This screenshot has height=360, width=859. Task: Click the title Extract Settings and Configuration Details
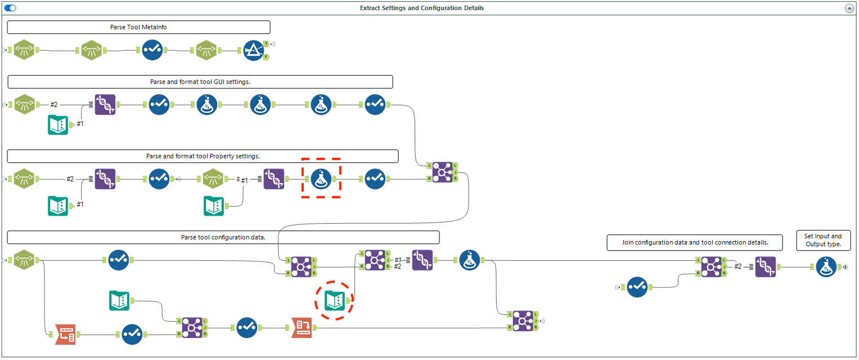pyautogui.click(x=421, y=8)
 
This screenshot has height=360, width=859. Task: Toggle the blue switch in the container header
pyautogui.click(x=10, y=8)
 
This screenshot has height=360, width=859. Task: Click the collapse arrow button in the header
pyautogui.click(x=849, y=8)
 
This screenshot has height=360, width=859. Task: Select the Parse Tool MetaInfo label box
pyautogui.click(x=138, y=27)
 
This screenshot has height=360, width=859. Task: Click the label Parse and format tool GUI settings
pyautogui.click(x=200, y=82)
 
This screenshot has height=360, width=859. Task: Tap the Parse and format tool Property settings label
pyautogui.click(x=203, y=156)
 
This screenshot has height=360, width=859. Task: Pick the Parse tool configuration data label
pyautogui.click(x=223, y=237)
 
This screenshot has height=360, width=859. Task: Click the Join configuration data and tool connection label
pyautogui.click(x=695, y=243)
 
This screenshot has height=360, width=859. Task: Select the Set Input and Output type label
pyautogui.click(x=824, y=240)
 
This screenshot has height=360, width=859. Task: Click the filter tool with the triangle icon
pyautogui.click(x=254, y=50)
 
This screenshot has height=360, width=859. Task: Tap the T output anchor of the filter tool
pyautogui.click(x=266, y=44)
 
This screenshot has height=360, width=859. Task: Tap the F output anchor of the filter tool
pyautogui.click(x=266, y=57)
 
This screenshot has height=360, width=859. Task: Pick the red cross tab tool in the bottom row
pyautogui.click(x=302, y=327)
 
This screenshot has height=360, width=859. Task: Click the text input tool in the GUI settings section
pyautogui.click(x=58, y=125)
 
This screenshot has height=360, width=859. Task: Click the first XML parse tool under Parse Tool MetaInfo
pyautogui.click(x=24, y=50)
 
